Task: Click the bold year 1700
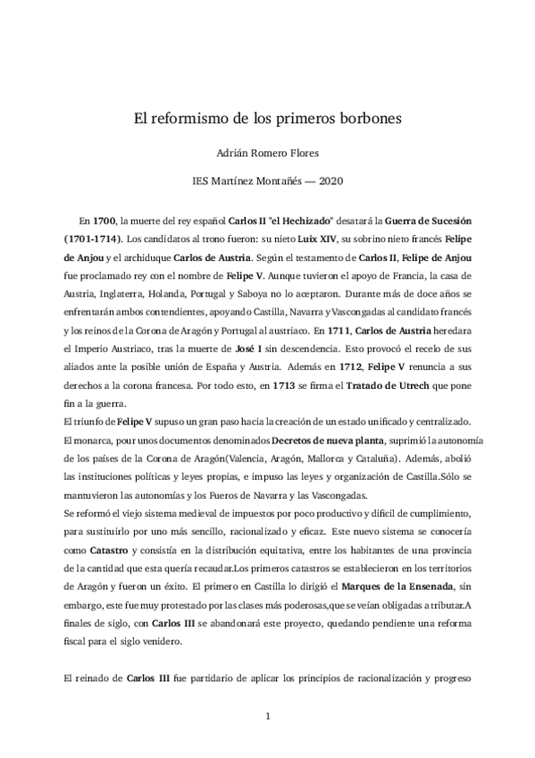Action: [104, 219]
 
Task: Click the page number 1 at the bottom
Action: [267, 716]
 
